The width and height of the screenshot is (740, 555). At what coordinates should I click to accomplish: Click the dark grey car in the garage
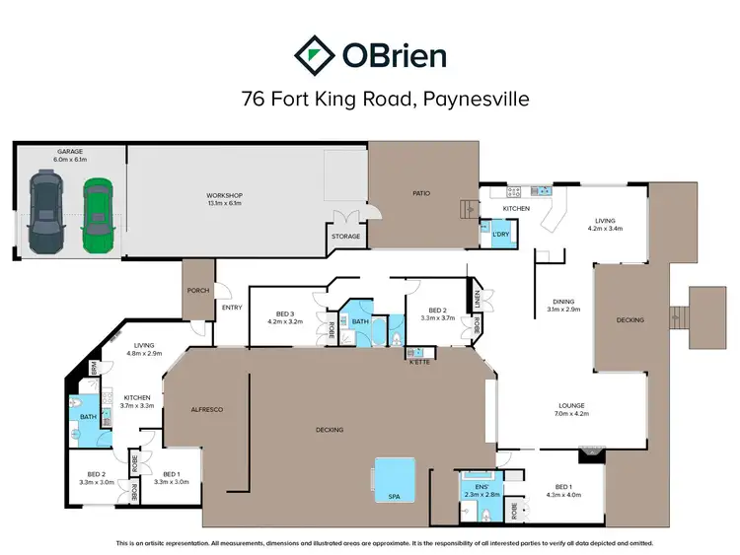coord(45,210)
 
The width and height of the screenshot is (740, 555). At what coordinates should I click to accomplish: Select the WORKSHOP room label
coord(225,195)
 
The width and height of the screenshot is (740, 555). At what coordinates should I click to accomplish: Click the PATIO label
coord(422,192)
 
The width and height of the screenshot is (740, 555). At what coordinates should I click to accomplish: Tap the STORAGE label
coord(346,237)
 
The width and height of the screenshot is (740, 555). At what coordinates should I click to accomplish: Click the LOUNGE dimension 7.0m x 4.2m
coord(571,414)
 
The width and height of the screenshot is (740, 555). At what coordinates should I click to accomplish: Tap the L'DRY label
coord(500,234)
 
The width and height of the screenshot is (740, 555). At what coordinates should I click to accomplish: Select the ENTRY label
coord(232,308)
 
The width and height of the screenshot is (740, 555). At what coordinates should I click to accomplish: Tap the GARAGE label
coord(70,151)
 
